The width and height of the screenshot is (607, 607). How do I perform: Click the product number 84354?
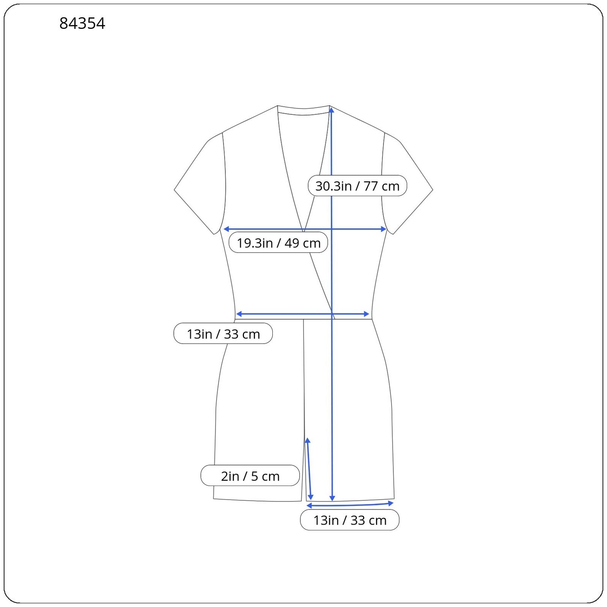(x=82, y=24)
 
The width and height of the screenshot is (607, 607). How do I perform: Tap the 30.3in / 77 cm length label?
(x=357, y=186)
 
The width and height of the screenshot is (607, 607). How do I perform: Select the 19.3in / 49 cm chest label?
(x=278, y=243)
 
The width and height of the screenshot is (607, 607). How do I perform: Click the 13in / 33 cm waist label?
(x=223, y=334)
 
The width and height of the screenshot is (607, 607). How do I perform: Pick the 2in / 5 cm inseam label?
(x=250, y=476)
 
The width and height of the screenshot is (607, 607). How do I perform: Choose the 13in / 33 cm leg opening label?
(x=349, y=520)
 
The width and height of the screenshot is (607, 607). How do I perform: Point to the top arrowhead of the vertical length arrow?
(x=332, y=110)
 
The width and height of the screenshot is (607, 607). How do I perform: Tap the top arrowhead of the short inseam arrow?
(x=308, y=440)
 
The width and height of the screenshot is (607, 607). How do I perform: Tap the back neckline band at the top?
(x=303, y=110)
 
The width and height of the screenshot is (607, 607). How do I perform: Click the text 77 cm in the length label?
(x=381, y=186)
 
